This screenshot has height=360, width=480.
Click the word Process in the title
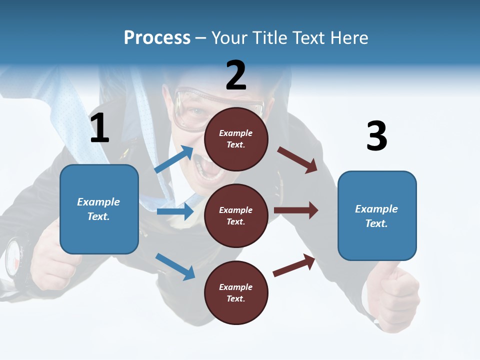pyautogui.click(x=157, y=38)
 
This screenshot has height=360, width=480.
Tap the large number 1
pyautogui.click(x=99, y=128)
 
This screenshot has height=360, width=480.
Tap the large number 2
pyautogui.click(x=236, y=75)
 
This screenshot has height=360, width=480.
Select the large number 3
pyautogui.click(x=376, y=136)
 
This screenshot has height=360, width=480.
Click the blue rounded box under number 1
pyautogui.click(x=99, y=209)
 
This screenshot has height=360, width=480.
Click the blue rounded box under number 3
pyautogui.click(x=377, y=216)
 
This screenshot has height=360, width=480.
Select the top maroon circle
pyautogui.click(x=236, y=139)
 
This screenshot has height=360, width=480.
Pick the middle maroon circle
pyautogui.click(x=236, y=216)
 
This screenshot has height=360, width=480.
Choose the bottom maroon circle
pyautogui.click(x=236, y=293)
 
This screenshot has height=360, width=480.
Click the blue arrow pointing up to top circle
pyautogui.click(x=174, y=159)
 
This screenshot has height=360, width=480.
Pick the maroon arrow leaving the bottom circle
pyautogui.click(x=294, y=265)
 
